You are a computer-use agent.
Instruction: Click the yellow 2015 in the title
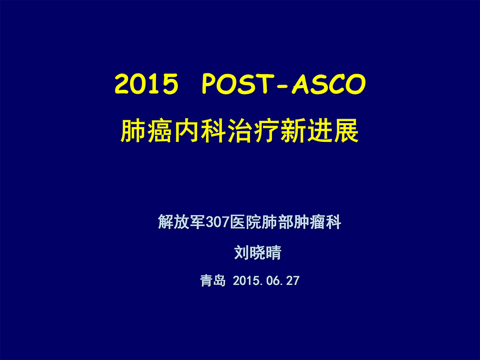coord(146,84)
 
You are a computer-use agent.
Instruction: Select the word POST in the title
coord(233,84)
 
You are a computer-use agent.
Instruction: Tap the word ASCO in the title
coord(329,84)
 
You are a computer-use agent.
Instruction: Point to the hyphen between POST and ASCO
coord(278,86)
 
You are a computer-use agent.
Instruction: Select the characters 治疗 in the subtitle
coord(254,131)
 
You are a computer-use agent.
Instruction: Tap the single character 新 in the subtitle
coord(293,131)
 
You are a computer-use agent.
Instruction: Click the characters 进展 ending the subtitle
coord(333,131)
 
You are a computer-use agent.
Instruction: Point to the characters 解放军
coord(182,222)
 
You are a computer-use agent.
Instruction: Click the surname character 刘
coord(242,253)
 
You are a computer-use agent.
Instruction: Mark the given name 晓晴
coord(265,253)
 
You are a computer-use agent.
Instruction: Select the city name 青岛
coord(213,281)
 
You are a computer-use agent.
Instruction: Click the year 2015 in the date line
coord(246,281)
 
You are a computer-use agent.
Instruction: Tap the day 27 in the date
coord(293,281)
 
